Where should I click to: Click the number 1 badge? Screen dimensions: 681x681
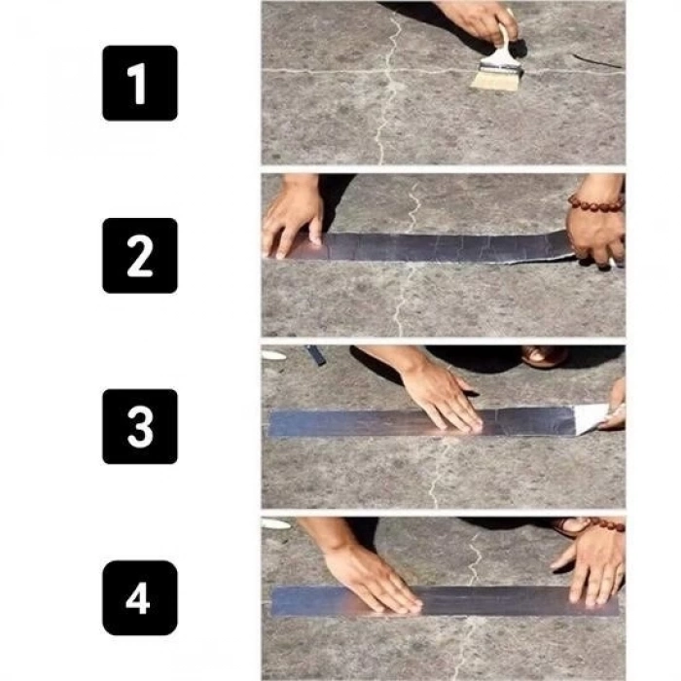[x=140, y=83]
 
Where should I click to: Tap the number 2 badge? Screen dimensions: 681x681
[x=140, y=255]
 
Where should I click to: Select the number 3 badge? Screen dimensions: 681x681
[x=140, y=426]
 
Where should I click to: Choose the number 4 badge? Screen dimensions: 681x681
[x=140, y=598]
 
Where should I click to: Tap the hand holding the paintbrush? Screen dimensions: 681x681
[x=477, y=18]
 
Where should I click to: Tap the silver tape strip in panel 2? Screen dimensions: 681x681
[x=438, y=246]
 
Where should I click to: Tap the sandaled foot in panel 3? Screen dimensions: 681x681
[x=545, y=355]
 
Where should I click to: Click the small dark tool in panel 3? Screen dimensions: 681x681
[x=316, y=355]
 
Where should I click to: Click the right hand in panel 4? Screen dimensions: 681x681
[x=593, y=564]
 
